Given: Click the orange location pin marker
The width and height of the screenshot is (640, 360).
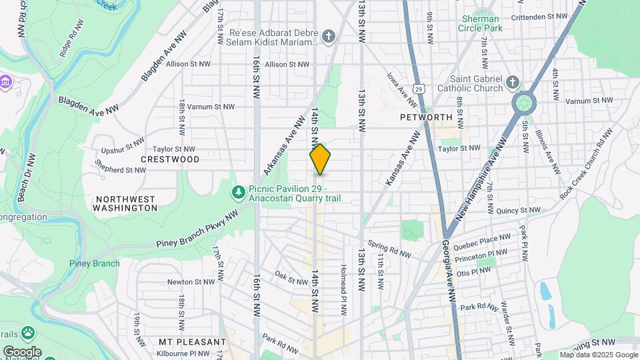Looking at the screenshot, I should coord(320,159).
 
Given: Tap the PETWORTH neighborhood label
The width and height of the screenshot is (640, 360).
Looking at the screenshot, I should coord(426,117).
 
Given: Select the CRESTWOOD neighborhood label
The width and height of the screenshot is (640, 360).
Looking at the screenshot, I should coord(170,159).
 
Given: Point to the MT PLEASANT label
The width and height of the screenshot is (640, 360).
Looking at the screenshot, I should coord(193,342).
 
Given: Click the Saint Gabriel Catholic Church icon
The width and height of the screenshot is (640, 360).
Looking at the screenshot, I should coord(512,81).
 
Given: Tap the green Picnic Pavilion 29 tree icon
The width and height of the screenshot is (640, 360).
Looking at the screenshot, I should coord(238,193).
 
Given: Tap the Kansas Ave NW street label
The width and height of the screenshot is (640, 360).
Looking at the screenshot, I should coord(402,157).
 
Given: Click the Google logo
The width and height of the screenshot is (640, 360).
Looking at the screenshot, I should coord(22,351).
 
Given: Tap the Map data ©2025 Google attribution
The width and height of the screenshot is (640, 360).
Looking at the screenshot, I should coord(599,355).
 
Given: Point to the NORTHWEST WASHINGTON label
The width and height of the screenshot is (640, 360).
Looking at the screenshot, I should coord(125,203).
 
